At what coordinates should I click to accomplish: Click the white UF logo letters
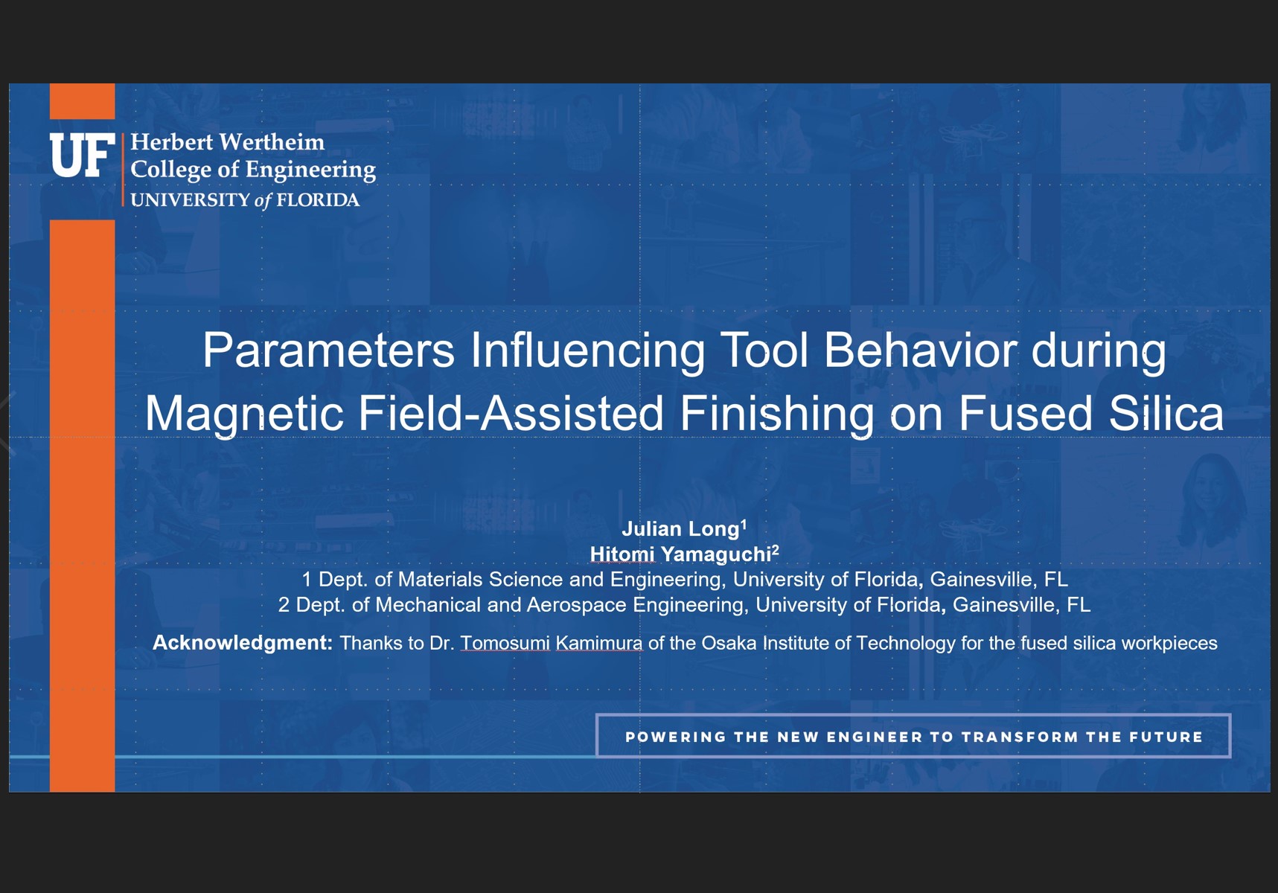[83, 156]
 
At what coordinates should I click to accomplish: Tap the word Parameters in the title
[328, 350]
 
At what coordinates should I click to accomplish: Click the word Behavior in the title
[920, 350]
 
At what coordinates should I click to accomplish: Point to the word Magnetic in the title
[244, 413]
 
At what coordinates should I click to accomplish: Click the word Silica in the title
[1166, 413]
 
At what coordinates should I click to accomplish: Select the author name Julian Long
[680, 529]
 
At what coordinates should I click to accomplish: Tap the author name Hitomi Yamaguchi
[680, 554]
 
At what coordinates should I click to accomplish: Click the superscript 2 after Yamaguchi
[776, 550]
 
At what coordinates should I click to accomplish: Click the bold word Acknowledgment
[242, 643]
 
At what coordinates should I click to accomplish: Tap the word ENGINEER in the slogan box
[875, 737]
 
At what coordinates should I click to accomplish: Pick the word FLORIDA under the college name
[318, 200]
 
